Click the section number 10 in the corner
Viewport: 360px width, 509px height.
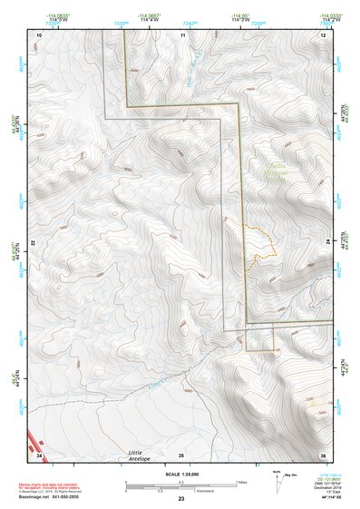(x=39, y=34)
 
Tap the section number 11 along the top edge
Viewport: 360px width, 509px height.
(x=182, y=34)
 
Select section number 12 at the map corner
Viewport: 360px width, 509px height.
(x=323, y=34)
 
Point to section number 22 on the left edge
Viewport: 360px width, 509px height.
(x=34, y=244)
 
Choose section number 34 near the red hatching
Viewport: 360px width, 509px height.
(x=39, y=454)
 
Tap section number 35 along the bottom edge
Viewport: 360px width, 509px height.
(x=181, y=454)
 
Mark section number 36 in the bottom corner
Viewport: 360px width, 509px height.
(x=322, y=454)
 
